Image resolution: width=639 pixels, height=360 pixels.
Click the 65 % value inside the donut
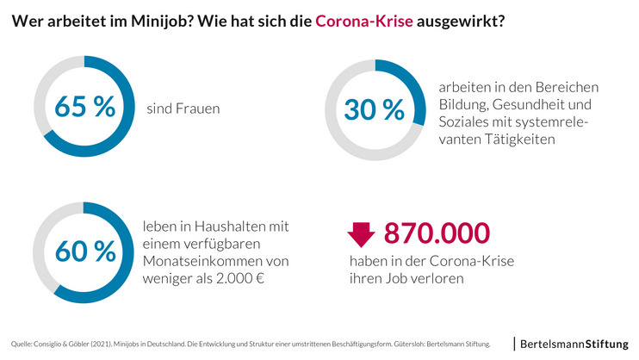point(84,108)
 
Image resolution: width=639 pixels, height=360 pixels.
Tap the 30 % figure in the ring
point(374,109)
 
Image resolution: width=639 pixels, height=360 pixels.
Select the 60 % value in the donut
point(84,251)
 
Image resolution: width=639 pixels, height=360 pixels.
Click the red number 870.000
point(437,233)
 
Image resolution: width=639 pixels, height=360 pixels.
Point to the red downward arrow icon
point(361,234)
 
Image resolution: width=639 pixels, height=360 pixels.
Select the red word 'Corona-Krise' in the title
point(364,22)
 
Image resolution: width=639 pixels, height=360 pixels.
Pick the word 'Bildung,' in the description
point(465,105)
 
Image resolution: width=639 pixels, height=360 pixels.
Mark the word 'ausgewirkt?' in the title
point(461,22)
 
